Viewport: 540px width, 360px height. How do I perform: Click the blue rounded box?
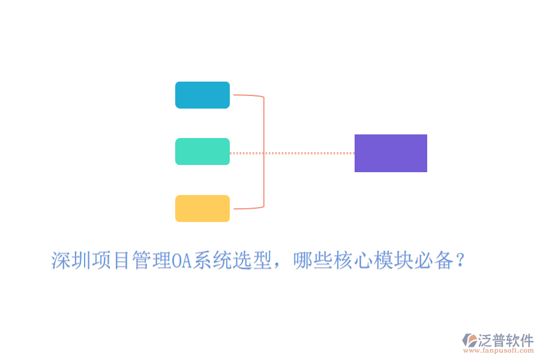pos(203,95)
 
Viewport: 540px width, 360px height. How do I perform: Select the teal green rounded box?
pos(203,152)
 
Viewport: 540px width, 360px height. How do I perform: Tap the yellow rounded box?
pos(203,208)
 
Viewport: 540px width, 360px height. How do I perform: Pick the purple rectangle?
pos(391,154)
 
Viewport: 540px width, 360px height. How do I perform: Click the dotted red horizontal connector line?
pos(292,153)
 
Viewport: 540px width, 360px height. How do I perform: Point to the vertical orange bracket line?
pos(264,152)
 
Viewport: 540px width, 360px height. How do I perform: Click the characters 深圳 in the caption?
pos(71,260)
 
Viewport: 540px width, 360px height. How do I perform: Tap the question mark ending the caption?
pos(460,260)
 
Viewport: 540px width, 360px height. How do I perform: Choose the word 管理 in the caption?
pos(152,260)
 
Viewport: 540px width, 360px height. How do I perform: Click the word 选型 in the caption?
pos(252,260)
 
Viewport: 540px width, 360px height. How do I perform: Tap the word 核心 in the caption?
pos(353,260)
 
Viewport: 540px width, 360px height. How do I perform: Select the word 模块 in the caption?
pos(393,260)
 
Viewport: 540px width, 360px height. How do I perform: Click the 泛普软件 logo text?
pos(506,340)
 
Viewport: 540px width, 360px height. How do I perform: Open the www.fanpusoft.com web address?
pos(499,350)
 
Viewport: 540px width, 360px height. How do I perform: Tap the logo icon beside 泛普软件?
pos(470,340)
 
